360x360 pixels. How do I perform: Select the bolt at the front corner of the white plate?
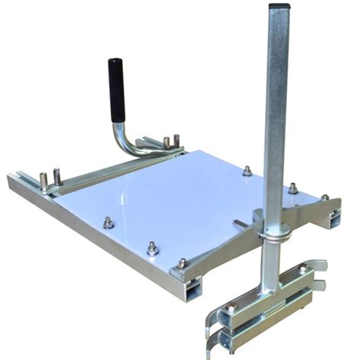coord(182,263)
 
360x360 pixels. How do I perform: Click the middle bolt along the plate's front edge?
coord(153,246)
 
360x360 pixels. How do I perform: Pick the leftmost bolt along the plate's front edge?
coord(108,222)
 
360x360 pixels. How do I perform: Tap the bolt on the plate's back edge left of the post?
coord(247,172)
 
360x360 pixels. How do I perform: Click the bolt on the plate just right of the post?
coord(292,188)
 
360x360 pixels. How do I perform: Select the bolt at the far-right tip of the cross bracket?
coord(324,198)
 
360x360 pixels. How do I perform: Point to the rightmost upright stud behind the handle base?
coord(176,141)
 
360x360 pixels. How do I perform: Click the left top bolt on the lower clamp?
coord(231,308)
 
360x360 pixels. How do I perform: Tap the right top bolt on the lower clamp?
coord(302,269)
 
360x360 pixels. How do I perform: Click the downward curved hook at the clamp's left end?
coord(210,334)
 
